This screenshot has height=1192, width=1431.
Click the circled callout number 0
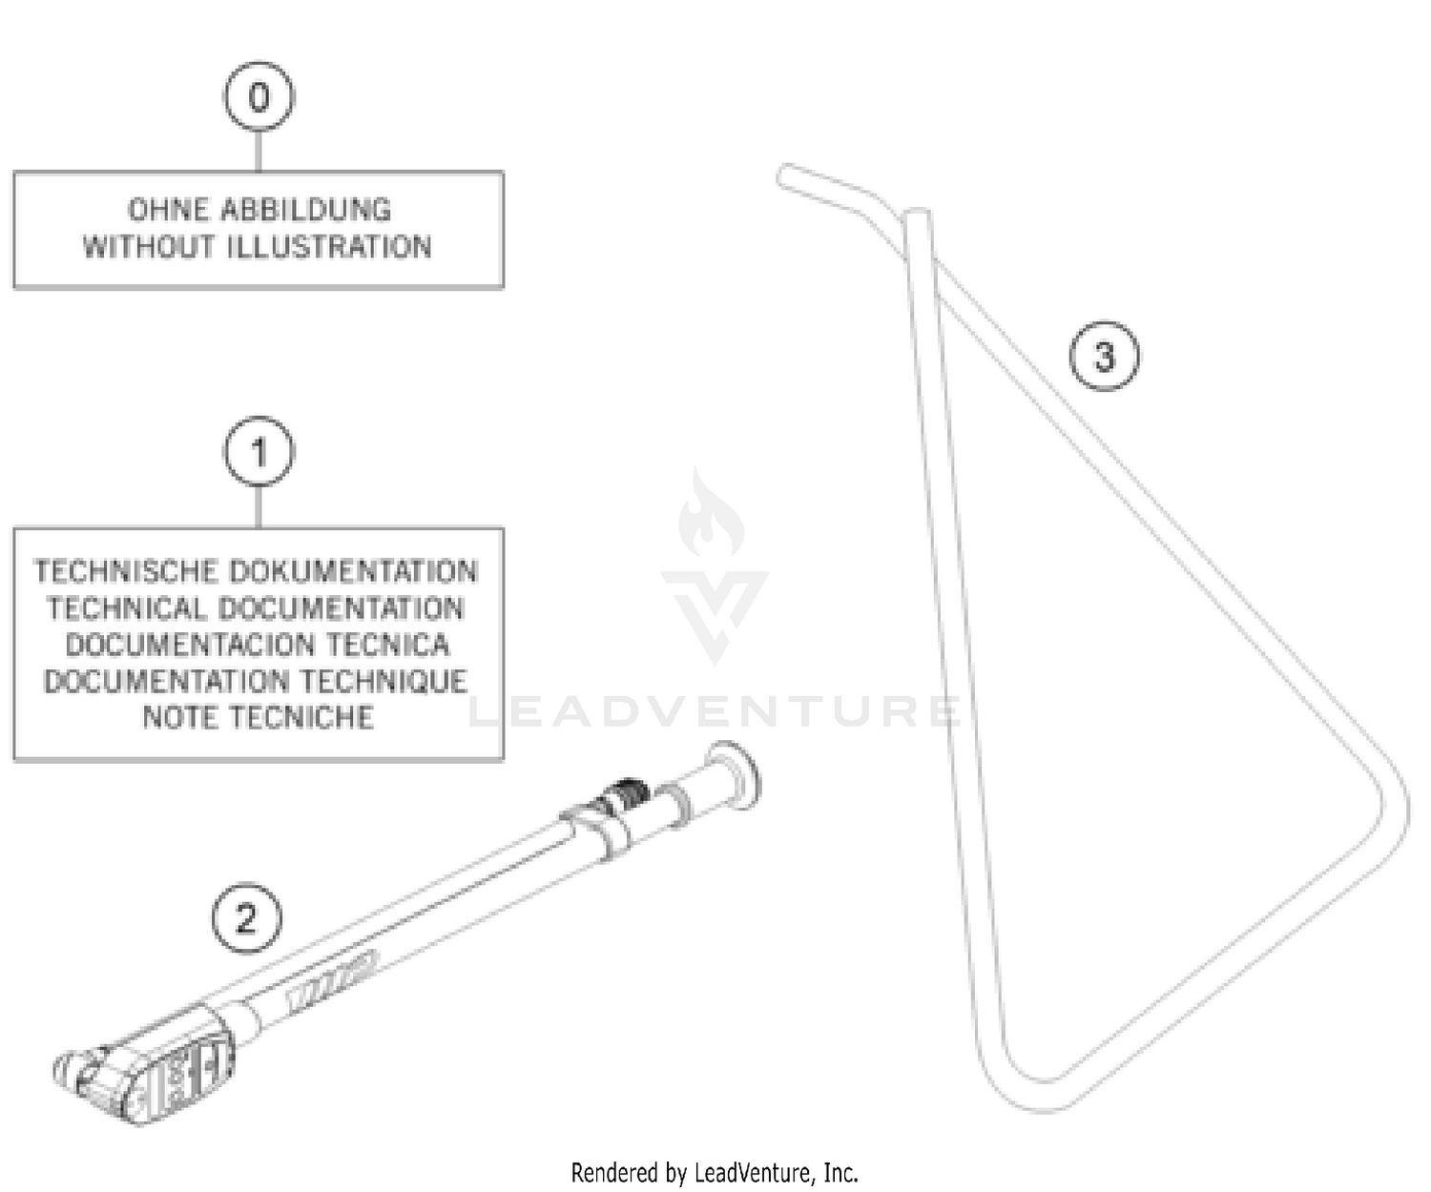(259, 97)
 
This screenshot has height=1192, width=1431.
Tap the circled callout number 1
(259, 452)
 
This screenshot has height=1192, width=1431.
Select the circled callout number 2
(246, 918)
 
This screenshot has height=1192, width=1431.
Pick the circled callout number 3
(1104, 357)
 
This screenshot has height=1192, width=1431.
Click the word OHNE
(168, 210)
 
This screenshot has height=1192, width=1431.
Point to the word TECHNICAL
(126, 608)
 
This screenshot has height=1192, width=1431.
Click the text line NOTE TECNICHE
(258, 717)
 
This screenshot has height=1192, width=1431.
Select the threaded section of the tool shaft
(626, 792)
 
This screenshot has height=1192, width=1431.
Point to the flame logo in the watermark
(711, 515)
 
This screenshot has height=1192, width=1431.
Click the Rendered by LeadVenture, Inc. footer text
(715, 1172)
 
